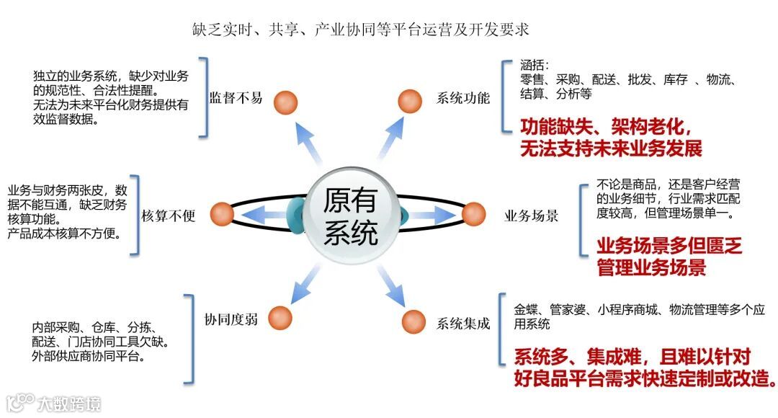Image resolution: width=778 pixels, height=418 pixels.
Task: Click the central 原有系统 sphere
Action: [351, 214]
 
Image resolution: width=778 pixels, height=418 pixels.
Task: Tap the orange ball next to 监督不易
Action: [287, 99]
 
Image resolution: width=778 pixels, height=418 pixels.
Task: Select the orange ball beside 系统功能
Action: [410, 99]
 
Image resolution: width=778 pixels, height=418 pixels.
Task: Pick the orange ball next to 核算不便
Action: [223, 213]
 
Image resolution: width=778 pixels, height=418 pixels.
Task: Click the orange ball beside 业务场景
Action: [473, 213]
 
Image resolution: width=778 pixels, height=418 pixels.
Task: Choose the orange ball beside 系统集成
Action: [413, 321]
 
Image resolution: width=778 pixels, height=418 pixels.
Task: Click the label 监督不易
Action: [236, 98]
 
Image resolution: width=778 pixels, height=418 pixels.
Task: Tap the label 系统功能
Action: [463, 99]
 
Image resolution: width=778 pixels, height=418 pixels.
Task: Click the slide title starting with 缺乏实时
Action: [360, 30]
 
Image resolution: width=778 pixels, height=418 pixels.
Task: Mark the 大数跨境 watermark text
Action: [70, 402]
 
